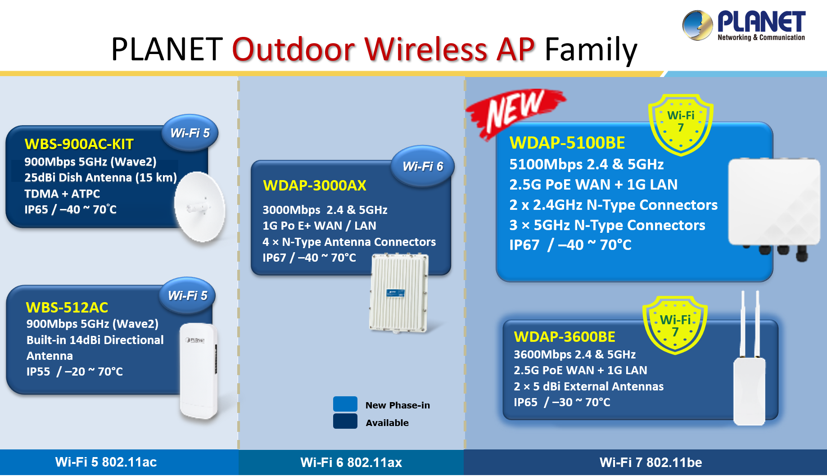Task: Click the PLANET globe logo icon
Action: tap(697, 25)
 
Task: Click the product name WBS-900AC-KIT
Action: tap(79, 144)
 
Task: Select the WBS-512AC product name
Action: tap(67, 307)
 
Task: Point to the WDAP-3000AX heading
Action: tap(314, 186)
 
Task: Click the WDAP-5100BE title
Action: tap(567, 143)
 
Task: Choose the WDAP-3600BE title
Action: tap(564, 337)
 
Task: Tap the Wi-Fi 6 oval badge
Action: tap(422, 166)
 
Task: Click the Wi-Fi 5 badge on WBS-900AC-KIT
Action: tap(190, 133)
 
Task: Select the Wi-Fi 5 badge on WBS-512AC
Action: tap(187, 295)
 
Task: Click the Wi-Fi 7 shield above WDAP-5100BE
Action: tap(680, 124)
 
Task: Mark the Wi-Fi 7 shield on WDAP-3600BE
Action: tap(675, 325)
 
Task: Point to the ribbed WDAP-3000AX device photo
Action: tap(398, 293)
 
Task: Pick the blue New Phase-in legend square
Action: tap(345, 404)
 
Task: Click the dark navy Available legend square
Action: tap(345, 422)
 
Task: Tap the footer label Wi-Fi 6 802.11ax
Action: tap(351, 462)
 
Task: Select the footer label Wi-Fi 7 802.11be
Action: tap(651, 462)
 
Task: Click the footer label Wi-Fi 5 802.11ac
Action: tap(106, 462)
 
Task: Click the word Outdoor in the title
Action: tap(294, 49)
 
